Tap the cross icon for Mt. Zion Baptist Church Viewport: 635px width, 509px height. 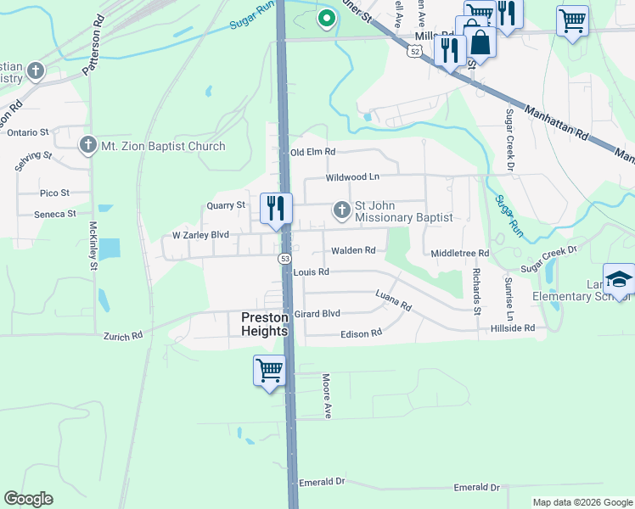tap(87, 146)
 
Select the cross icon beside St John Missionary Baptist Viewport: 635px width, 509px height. tap(341, 209)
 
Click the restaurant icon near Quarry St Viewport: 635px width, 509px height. tap(276, 208)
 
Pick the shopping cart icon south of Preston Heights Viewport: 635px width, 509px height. tap(269, 370)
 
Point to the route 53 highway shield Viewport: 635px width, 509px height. tap(285, 258)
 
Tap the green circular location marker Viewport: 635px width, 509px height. tap(325, 18)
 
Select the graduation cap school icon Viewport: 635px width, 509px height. tap(618, 278)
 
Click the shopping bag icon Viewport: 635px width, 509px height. tap(480, 42)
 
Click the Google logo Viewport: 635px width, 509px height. tap(28, 499)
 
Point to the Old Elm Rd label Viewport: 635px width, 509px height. tap(313, 152)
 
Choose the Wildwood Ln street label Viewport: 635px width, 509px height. tap(352, 177)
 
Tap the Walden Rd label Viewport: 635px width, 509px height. tap(353, 250)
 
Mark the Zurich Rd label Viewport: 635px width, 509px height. tap(125, 336)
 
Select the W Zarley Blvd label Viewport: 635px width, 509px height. tap(200, 234)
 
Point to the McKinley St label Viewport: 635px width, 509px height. tap(93, 246)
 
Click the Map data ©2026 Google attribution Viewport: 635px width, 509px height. tap(582, 502)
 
